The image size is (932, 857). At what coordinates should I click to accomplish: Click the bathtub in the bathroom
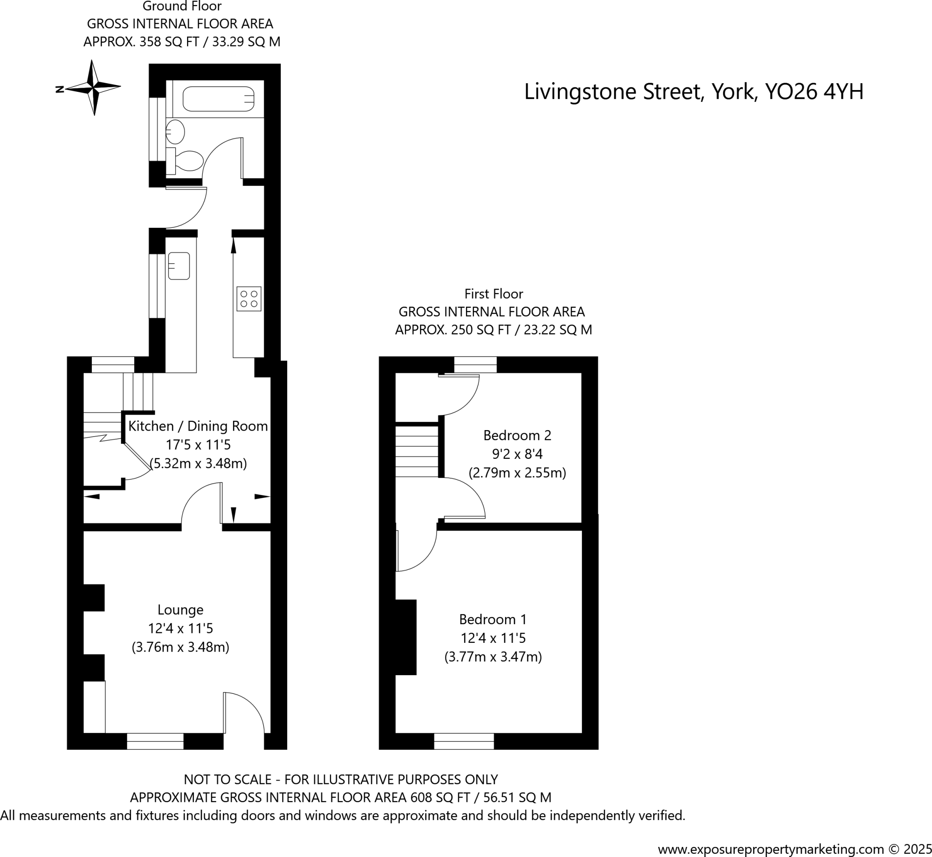tap(218, 99)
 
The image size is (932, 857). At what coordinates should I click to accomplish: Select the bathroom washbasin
tap(176, 131)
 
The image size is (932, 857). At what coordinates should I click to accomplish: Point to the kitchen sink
tap(179, 266)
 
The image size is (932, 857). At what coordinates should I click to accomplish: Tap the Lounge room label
tap(180, 610)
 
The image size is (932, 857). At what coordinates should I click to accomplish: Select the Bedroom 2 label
tap(517, 435)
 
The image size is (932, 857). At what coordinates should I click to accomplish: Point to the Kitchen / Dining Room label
tap(198, 426)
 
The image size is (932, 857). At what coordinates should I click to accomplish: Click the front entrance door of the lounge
tap(243, 714)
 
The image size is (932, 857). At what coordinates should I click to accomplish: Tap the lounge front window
tap(155, 741)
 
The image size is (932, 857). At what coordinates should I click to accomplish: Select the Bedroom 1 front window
tap(464, 741)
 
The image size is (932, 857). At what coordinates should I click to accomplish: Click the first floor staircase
tap(416, 451)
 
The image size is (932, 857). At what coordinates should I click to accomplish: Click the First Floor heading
tap(493, 294)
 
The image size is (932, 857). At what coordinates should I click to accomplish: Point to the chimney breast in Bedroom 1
tap(405, 636)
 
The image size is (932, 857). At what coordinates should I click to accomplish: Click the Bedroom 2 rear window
tap(475, 365)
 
